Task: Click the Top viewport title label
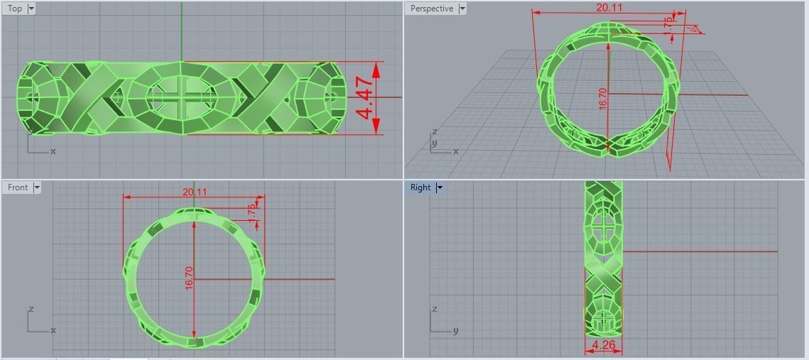(14, 9)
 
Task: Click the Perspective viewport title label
(431, 9)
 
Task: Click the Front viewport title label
(17, 187)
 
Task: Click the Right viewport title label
(420, 187)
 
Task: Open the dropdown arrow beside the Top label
(31, 9)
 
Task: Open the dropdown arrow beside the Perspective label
(462, 9)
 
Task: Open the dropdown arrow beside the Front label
(37, 187)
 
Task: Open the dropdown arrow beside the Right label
(440, 187)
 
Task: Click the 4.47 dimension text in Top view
(365, 99)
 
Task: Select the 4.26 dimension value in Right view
(603, 346)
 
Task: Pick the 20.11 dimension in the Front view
(194, 192)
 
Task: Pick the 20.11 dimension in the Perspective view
(609, 8)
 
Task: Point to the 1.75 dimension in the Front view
(251, 210)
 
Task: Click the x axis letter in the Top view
(53, 151)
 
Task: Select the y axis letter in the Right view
(455, 330)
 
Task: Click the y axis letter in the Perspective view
(434, 143)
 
